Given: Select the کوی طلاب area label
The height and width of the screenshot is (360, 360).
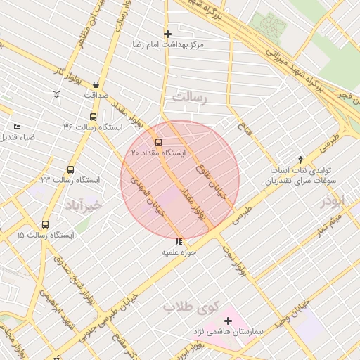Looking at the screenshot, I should click(191, 307).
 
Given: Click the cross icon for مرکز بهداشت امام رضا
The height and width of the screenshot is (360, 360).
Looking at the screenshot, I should click(167, 33).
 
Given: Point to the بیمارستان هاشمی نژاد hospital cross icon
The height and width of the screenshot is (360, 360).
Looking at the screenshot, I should click(228, 321).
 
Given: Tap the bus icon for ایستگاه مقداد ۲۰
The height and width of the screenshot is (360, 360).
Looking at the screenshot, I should click(157, 142).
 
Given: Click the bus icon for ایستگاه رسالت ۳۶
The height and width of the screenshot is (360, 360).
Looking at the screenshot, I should click(93, 117).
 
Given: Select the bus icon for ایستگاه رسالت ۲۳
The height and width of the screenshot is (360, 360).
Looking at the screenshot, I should click(70, 169).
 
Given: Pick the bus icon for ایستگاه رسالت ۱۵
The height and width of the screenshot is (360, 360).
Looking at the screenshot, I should click(46, 224).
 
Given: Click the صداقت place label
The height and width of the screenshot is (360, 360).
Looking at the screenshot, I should click(96, 94).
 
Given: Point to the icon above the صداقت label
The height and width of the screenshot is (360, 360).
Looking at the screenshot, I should click(96, 84).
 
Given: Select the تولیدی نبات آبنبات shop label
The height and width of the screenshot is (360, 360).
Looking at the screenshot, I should click(300, 171).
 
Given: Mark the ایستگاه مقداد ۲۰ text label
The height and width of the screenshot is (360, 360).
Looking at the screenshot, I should click(158, 153).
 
